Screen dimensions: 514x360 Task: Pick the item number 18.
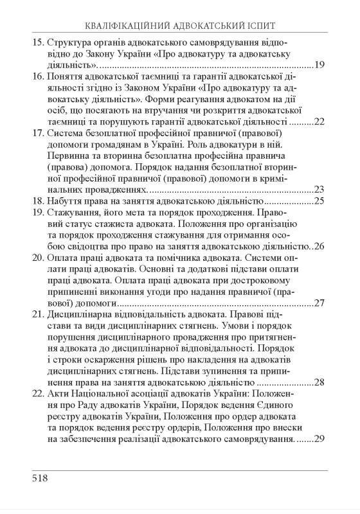(x=37, y=201)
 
